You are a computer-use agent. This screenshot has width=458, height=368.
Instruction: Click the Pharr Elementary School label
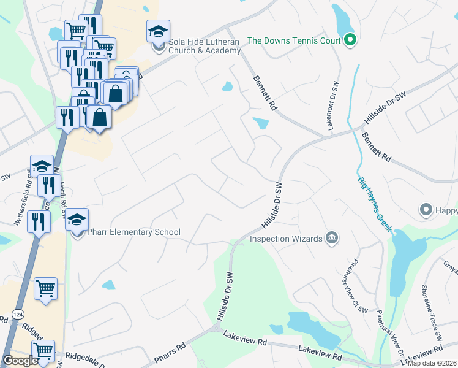click(133, 232)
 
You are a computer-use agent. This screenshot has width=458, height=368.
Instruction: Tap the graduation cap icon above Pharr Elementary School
click(77, 220)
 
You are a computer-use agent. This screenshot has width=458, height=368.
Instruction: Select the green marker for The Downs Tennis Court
click(350, 41)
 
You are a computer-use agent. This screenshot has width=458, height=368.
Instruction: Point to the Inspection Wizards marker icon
click(332, 238)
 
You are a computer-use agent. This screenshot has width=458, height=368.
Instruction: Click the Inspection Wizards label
click(286, 238)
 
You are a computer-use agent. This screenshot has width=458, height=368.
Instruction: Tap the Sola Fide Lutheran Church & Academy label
click(205, 47)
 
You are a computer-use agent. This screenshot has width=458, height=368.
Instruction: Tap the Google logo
click(20, 360)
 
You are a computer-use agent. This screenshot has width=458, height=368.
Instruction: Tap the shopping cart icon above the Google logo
click(43, 351)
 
